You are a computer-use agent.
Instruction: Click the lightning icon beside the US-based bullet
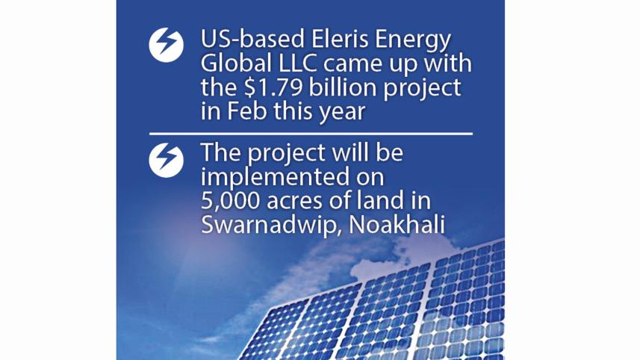166,45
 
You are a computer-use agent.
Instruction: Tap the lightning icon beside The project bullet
166,160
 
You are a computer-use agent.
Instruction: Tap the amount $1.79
273,87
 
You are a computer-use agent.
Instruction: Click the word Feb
247,111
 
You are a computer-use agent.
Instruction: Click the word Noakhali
397,225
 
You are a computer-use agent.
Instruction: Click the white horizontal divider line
311,134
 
